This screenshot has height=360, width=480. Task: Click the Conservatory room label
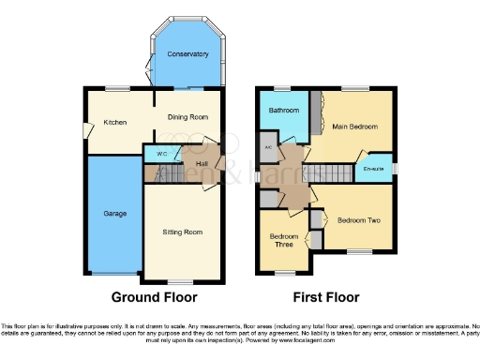click(187, 54)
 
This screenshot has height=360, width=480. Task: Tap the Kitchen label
click(115, 122)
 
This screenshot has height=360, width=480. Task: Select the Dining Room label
click(187, 117)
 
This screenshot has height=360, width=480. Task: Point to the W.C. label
click(161, 153)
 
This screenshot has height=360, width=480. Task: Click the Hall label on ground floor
click(202, 162)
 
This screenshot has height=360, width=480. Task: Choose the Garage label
click(114, 214)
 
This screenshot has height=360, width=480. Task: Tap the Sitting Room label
click(183, 232)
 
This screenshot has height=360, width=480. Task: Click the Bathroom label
click(283, 111)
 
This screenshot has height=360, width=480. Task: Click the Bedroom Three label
click(283, 241)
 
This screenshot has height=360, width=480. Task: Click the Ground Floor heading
click(155, 298)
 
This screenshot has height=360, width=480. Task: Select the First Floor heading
click(326, 298)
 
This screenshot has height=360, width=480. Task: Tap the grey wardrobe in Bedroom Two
click(316, 231)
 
